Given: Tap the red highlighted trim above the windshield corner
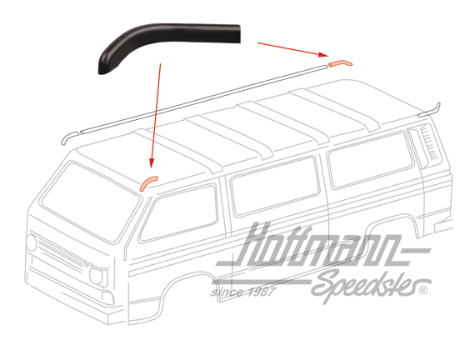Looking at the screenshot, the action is tap(147, 182).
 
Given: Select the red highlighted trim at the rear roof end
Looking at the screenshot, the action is tap(340, 63).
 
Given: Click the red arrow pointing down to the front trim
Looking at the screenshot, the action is tap(156, 115).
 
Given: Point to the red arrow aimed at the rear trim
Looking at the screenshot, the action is tap(293, 49).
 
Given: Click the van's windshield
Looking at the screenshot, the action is tap(89, 202).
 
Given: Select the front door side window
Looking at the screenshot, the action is tap(179, 212).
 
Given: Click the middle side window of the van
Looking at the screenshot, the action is tap(274, 186).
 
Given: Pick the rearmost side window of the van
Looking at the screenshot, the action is tap(371, 159).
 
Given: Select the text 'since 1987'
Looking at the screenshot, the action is tap(243, 292).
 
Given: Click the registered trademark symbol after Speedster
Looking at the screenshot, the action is tap(423, 290).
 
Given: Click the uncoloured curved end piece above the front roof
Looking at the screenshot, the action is tap(69, 137).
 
